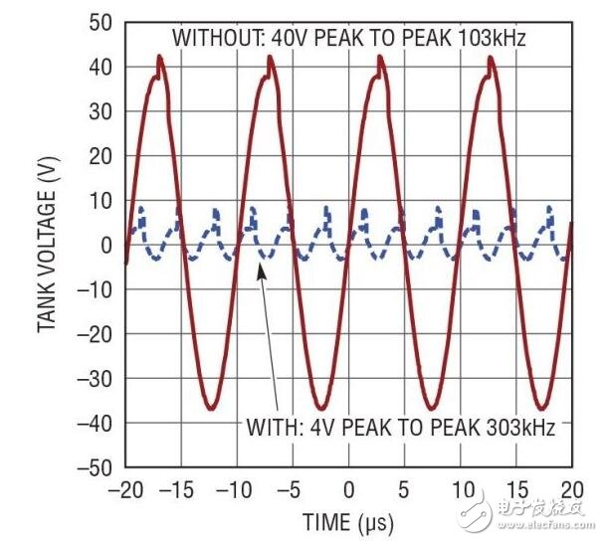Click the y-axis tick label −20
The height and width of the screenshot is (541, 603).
[98, 334]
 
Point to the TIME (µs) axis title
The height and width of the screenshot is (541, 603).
[348, 521]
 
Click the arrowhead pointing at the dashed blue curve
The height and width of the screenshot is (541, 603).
[261, 270]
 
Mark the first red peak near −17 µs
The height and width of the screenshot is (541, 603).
[159, 58]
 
